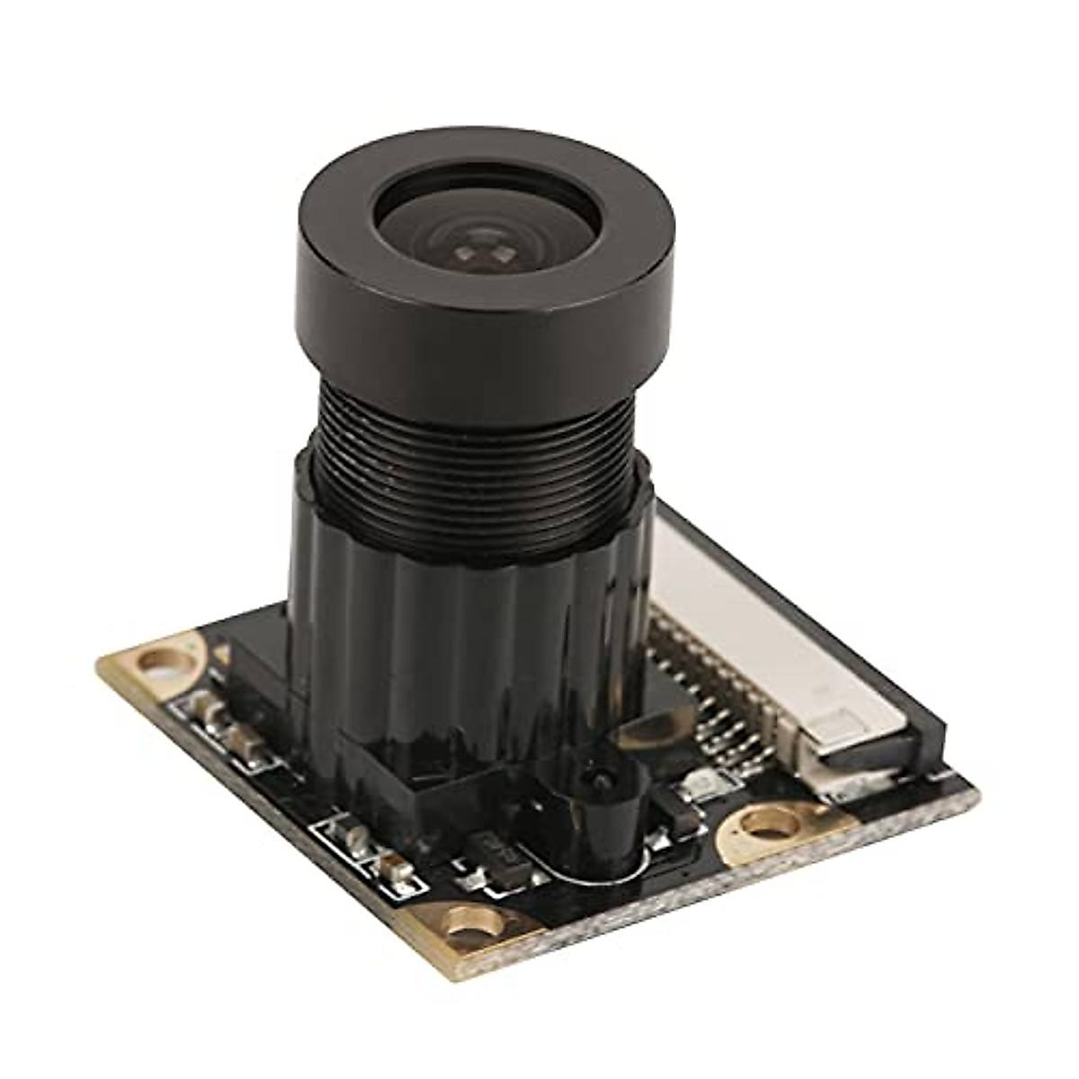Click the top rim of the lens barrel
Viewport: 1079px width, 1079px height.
(x=486, y=166)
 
